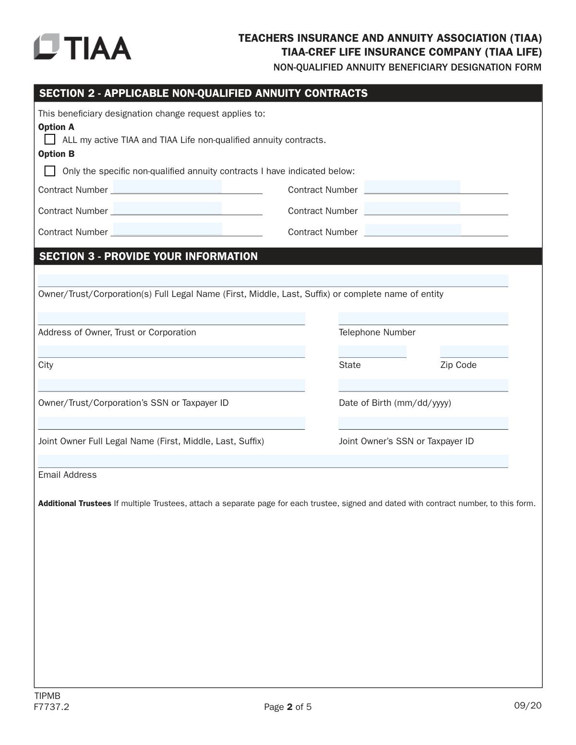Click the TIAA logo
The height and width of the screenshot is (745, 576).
(x=82, y=47)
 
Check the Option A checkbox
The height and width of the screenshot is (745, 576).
(x=50, y=140)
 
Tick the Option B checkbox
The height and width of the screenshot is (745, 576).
(x=50, y=171)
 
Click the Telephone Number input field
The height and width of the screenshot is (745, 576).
(x=423, y=319)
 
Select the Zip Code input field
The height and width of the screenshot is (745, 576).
(x=474, y=352)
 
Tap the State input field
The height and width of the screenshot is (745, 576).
(x=372, y=352)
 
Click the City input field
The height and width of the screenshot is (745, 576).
(x=171, y=352)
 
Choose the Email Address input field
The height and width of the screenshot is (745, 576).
(x=273, y=461)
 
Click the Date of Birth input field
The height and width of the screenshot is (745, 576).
(x=423, y=385)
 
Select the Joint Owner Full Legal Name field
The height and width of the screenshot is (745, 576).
(x=171, y=423)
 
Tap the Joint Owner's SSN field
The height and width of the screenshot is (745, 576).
(x=423, y=423)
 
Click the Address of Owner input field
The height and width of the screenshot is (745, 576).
(x=171, y=319)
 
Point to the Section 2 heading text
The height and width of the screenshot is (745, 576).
(x=203, y=93)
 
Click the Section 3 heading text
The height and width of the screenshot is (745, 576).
(x=148, y=256)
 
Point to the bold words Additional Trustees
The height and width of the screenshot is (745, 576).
(x=74, y=503)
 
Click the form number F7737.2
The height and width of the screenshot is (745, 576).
(x=51, y=707)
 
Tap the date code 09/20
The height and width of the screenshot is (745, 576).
(x=528, y=705)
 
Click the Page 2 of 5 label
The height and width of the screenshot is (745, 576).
(x=288, y=707)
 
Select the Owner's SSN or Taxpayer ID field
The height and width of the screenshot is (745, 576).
(x=171, y=385)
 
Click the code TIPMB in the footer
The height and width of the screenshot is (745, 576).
(x=47, y=696)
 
